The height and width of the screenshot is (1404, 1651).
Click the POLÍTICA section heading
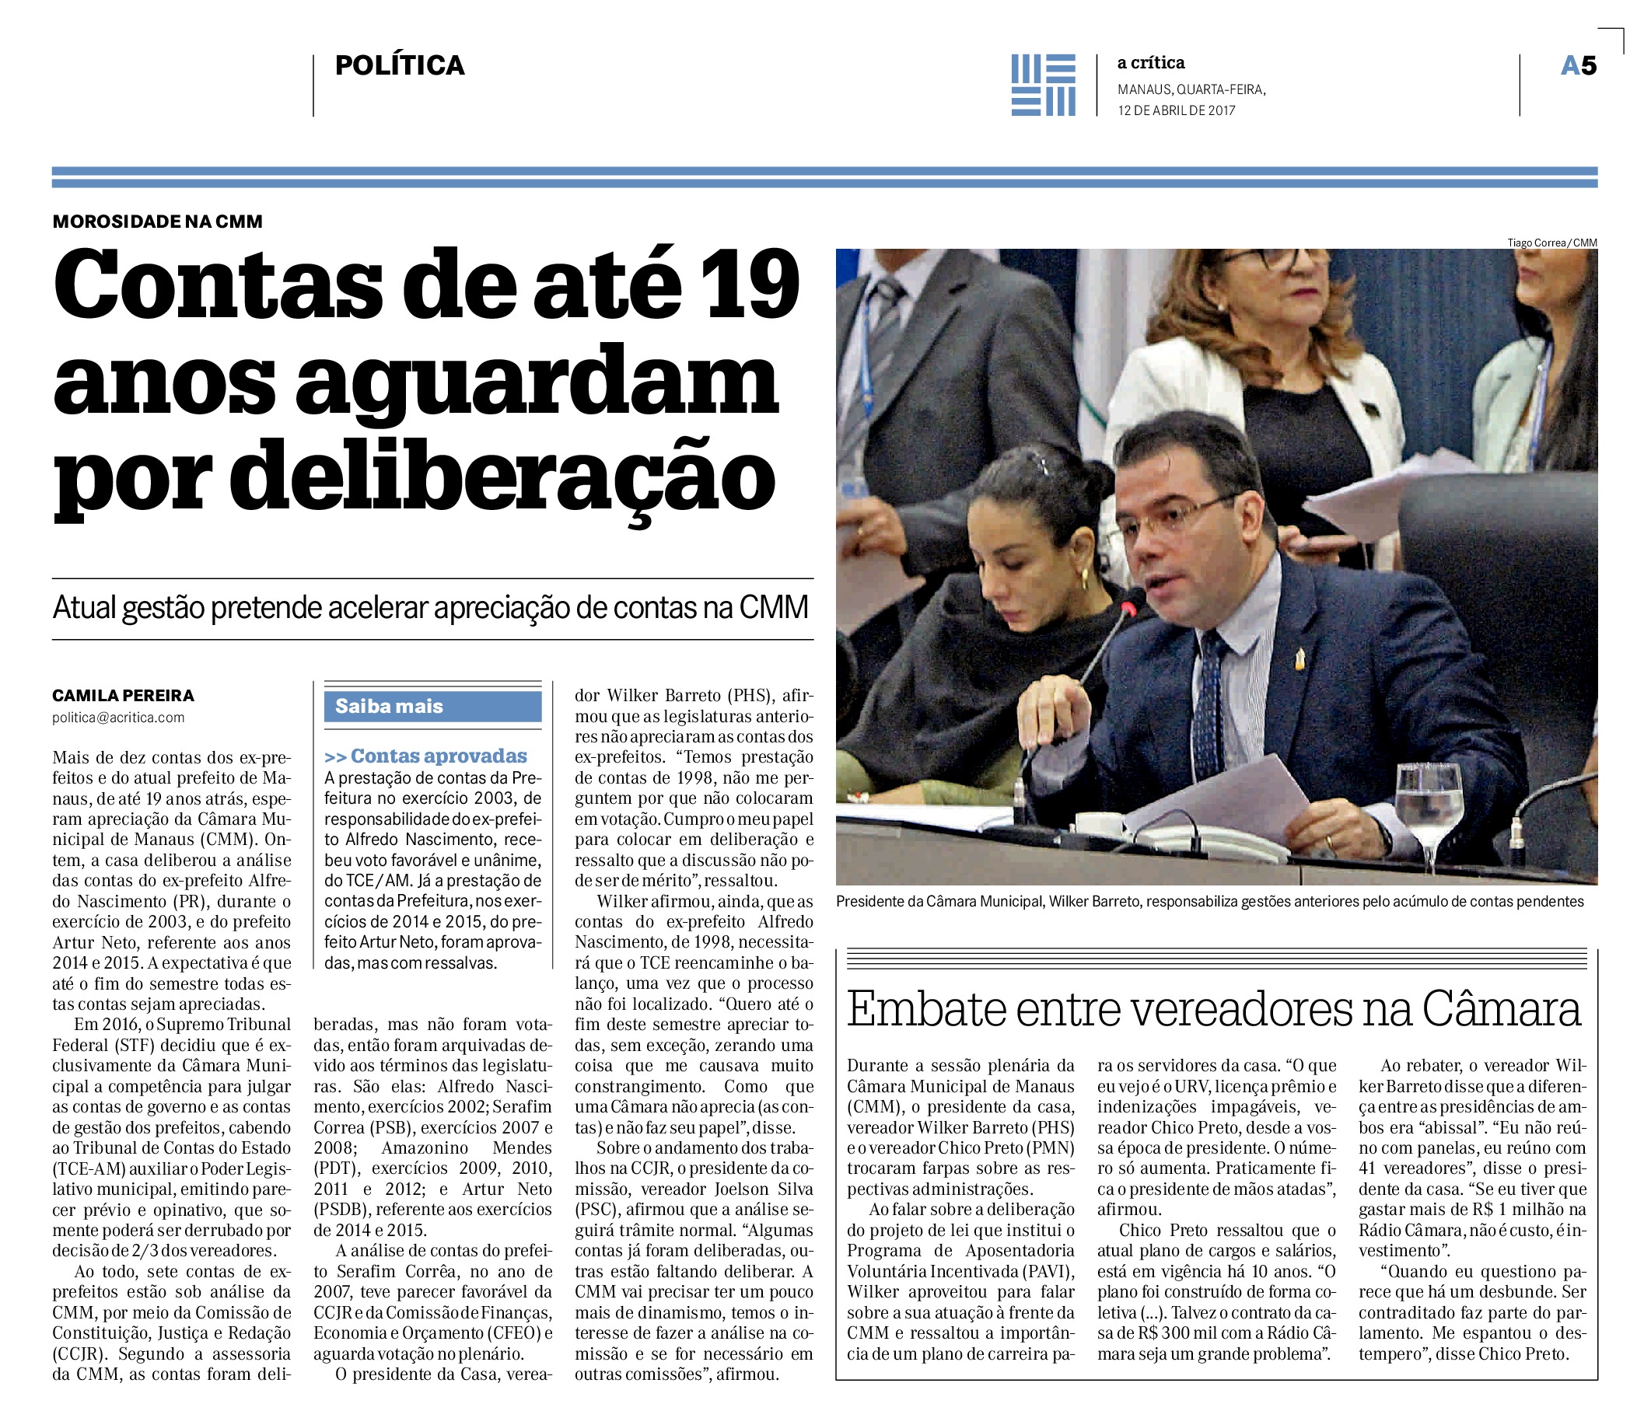(x=400, y=65)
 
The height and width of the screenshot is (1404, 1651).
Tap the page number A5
(x=1578, y=65)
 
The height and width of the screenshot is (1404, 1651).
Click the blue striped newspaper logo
(x=1043, y=86)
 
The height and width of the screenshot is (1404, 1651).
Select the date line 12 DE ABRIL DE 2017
(x=1176, y=110)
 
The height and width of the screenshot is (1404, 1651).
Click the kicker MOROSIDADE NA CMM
(x=158, y=222)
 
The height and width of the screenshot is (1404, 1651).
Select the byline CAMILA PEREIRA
(x=124, y=696)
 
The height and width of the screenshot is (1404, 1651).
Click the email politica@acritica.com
(x=119, y=718)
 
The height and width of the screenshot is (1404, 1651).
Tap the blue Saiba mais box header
(x=432, y=706)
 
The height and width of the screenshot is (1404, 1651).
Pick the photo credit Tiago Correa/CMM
(x=1551, y=243)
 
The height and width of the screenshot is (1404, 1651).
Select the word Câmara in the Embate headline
(x=1501, y=1009)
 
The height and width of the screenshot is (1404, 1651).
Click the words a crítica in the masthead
(x=1150, y=63)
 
